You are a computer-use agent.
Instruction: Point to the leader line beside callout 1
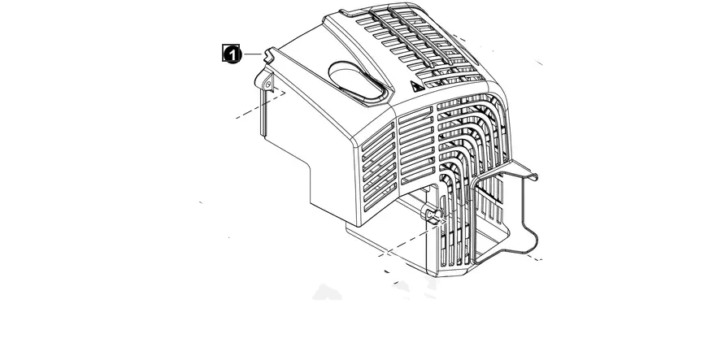click(253, 54)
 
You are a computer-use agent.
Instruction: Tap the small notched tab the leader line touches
click(269, 55)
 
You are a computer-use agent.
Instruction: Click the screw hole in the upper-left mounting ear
click(269, 83)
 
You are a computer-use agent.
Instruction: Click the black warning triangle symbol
click(415, 86)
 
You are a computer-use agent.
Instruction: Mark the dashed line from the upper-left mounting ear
click(260, 105)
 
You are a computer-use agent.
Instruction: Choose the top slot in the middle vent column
click(415, 113)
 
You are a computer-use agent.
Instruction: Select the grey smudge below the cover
click(327, 293)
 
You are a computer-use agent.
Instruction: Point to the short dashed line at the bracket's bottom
click(531, 258)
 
